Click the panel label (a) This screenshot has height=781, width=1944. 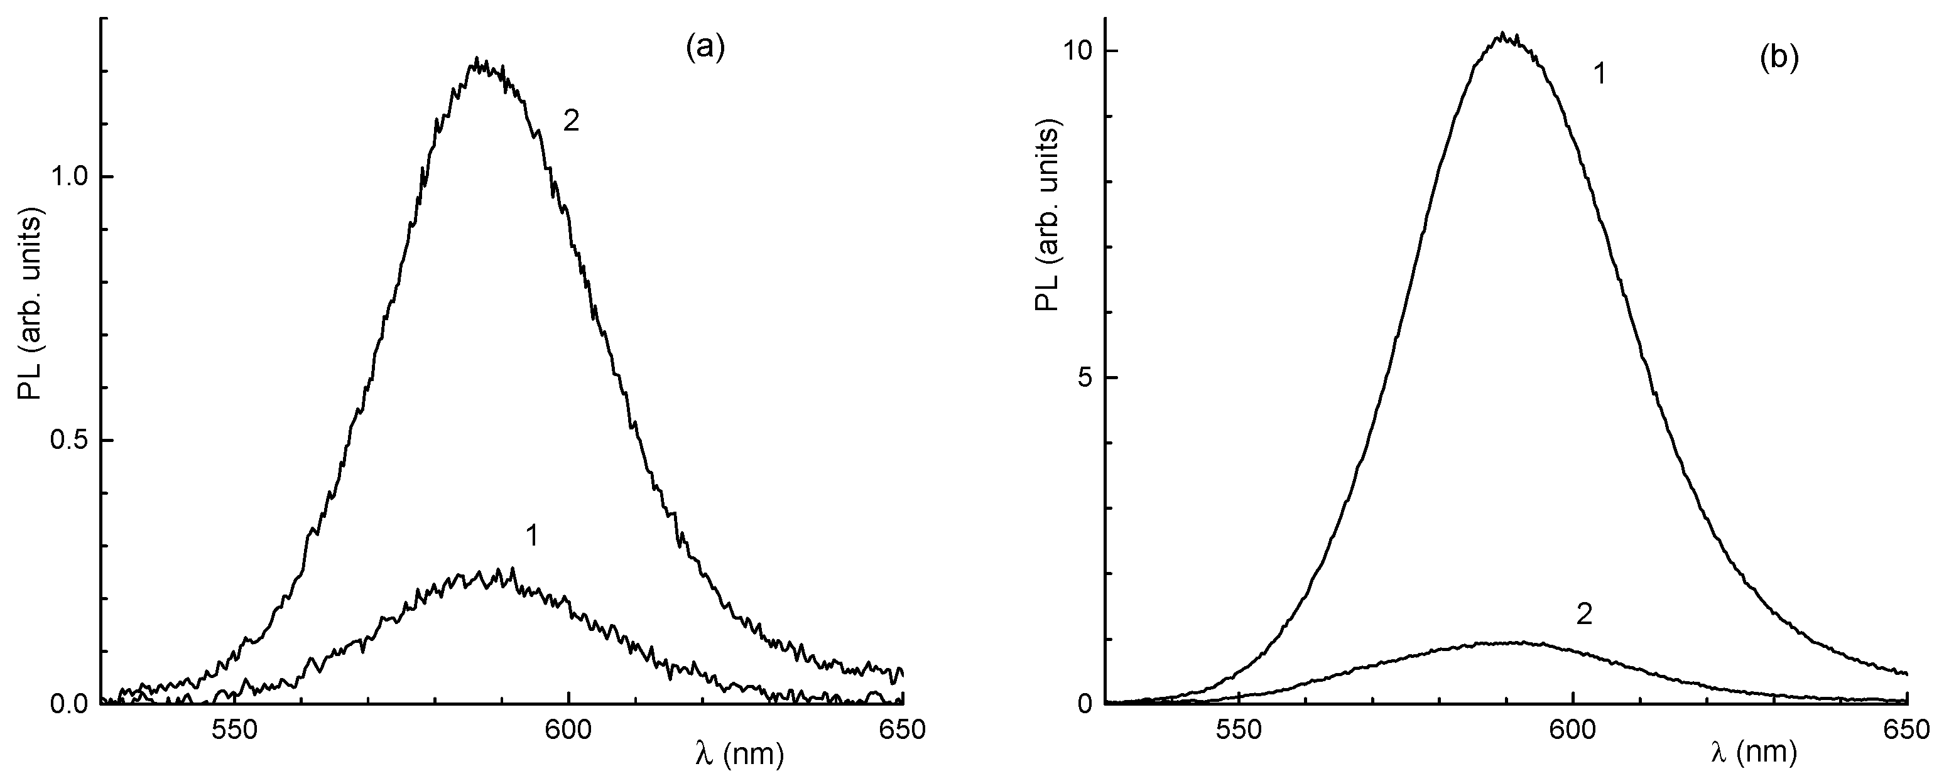[704, 48]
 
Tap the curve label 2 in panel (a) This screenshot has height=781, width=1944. [572, 122]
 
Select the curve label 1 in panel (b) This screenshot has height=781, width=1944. [1599, 75]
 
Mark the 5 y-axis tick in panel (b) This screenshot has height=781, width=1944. [1085, 378]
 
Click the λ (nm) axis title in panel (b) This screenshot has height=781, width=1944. [1752, 755]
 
